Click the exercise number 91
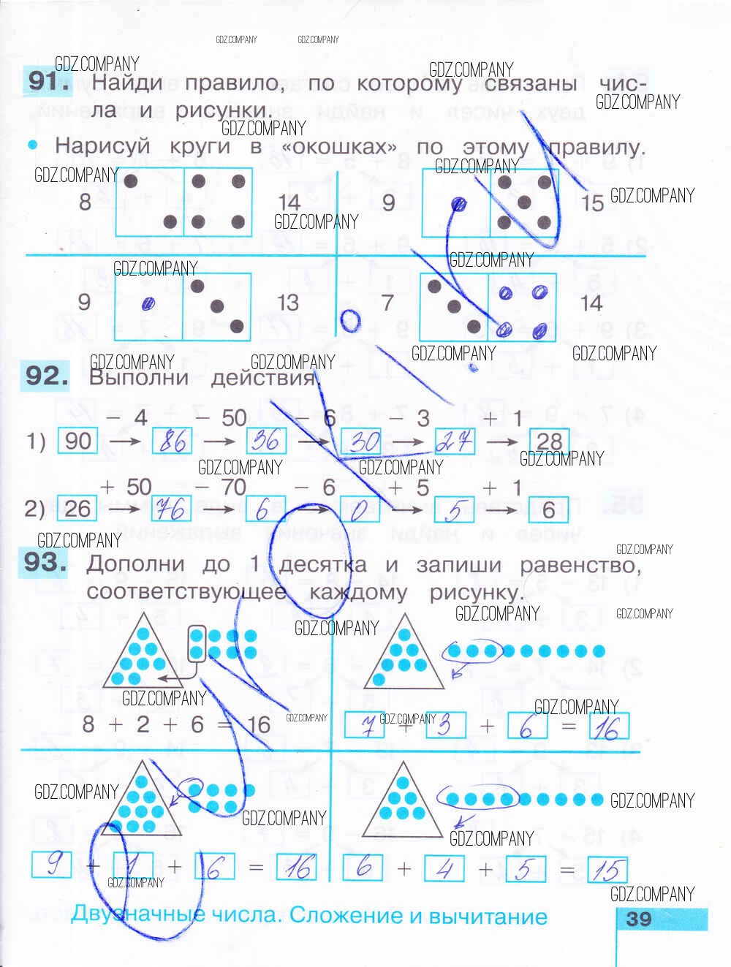coord(48,80)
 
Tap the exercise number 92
coord(46,376)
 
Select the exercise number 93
coord(45,562)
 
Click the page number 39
coord(639,919)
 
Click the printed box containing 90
coord(77,441)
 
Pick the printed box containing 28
coord(549,441)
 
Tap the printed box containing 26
coord(77,509)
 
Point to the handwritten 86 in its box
coord(173,441)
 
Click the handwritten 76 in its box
coord(171,509)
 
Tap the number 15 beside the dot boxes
coord(593,202)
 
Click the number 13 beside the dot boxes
coord(288,303)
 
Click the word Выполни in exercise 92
coord(139,378)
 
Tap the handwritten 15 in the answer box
coord(607,869)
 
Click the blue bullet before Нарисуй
coord(33,145)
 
